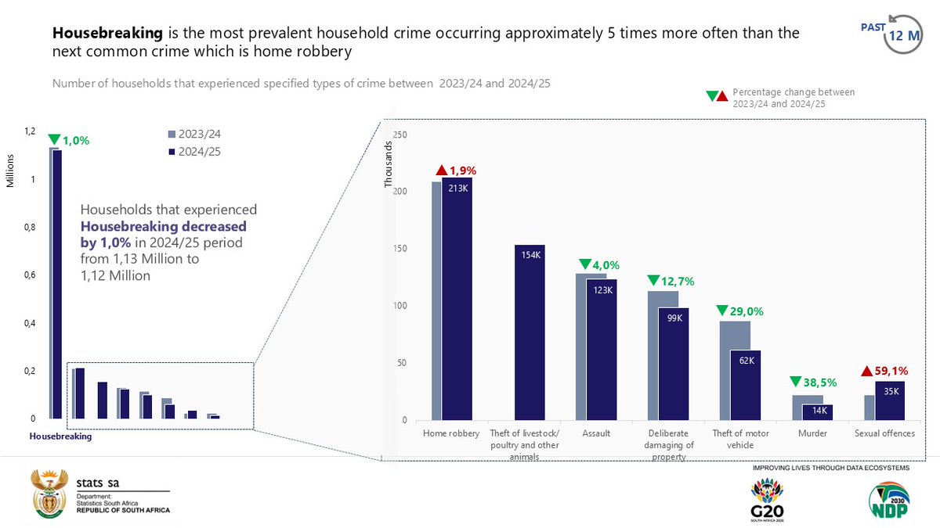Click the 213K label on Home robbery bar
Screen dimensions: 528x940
click(458, 188)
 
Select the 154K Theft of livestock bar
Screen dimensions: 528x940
click(530, 332)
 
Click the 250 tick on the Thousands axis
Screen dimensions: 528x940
click(399, 135)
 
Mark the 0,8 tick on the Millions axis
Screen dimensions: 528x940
click(29, 228)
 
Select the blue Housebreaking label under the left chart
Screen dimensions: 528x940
click(60, 437)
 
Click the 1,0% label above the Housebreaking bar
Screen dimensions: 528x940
click(75, 141)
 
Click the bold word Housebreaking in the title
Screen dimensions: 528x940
click(108, 34)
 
